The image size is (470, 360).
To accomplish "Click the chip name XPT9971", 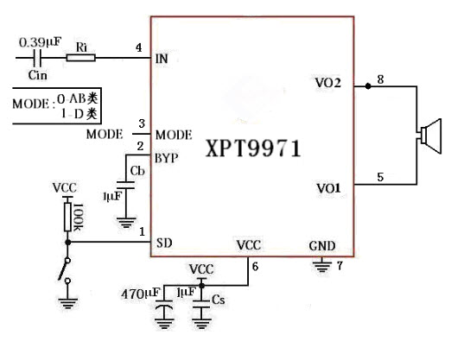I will click(253, 148).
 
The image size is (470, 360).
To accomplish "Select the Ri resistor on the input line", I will click(82, 58).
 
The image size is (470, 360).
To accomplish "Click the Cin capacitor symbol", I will click(37, 58).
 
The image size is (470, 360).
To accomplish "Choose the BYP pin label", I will click(167, 158).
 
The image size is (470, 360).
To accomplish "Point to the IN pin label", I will click(162, 59).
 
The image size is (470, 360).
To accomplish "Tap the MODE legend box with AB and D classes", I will click(58, 105).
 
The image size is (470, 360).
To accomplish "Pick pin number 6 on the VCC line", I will click(255, 266).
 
